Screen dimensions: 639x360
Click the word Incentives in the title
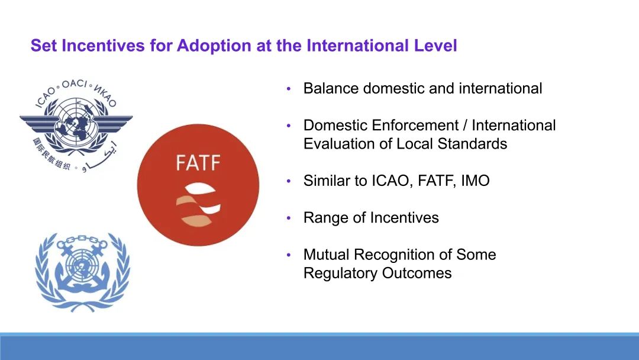103,45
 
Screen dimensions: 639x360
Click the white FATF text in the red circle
198,163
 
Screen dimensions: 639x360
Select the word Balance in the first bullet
331,88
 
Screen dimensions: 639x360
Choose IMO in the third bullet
475,181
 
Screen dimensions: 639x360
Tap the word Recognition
395,255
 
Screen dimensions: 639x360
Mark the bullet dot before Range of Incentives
289,218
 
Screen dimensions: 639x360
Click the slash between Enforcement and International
466,125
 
